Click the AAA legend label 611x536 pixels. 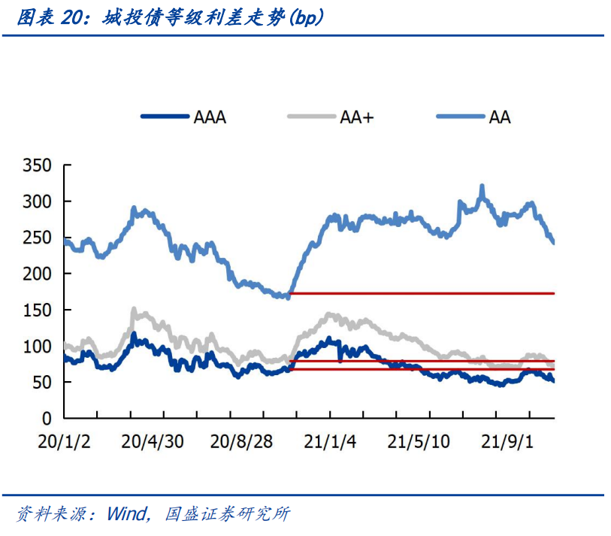pyautogui.click(x=210, y=117)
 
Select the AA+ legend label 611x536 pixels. pyautogui.click(x=356, y=117)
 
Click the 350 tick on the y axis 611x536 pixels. pyautogui.click(x=37, y=165)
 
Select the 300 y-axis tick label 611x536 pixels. pyautogui.click(x=37, y=201)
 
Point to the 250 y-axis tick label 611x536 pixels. pyautogui.click(x=37, y=238)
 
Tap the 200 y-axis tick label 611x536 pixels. pyautogui.click(x=37, y=274)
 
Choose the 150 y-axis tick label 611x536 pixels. pyautogui.click(x=37, y=310)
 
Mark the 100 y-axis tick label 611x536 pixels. pyautogui.click(x=37, y=347)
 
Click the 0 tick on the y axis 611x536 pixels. pyautogui.click(x=46, y=418)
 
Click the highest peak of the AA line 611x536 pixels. pyautogui.click(x=482, y=186)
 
